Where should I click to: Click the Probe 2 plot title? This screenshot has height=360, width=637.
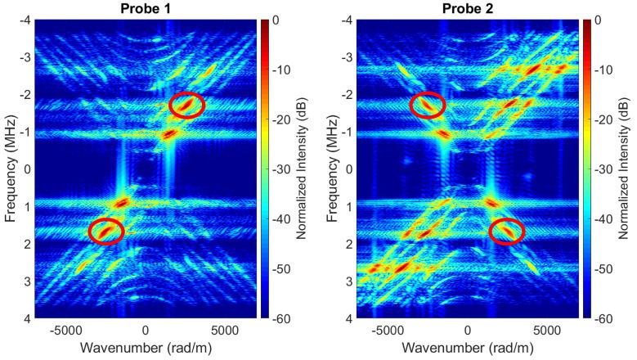point(468,7)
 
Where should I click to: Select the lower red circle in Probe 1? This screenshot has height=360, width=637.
point(105,232)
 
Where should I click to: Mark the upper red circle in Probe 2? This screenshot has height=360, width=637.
point(428,105)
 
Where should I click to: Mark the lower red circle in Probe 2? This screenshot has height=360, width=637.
point(507,232)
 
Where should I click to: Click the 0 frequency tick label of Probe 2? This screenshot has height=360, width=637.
point(348,169)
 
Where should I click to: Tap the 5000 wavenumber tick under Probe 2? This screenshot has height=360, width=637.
point(545,331)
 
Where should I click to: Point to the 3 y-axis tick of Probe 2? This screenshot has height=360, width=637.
point(348,281)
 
